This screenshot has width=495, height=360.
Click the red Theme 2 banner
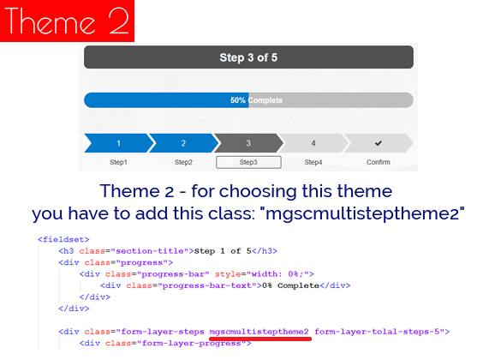67,21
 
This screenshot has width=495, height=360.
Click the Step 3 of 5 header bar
248,57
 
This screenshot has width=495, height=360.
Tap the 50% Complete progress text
256,100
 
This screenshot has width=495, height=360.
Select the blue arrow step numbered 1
118,143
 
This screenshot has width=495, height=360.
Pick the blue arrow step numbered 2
182,143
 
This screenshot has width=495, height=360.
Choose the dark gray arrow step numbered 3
247,143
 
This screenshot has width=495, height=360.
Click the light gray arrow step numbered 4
313,143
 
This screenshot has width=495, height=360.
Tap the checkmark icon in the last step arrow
378,143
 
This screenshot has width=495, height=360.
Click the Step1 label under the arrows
118,162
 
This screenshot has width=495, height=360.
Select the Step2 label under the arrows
183,162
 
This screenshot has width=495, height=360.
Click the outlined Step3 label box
248,162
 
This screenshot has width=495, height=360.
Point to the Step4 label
313,162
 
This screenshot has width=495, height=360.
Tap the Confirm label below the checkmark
378,162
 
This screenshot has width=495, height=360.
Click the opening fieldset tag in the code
57,240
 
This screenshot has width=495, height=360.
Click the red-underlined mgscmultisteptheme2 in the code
259,331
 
